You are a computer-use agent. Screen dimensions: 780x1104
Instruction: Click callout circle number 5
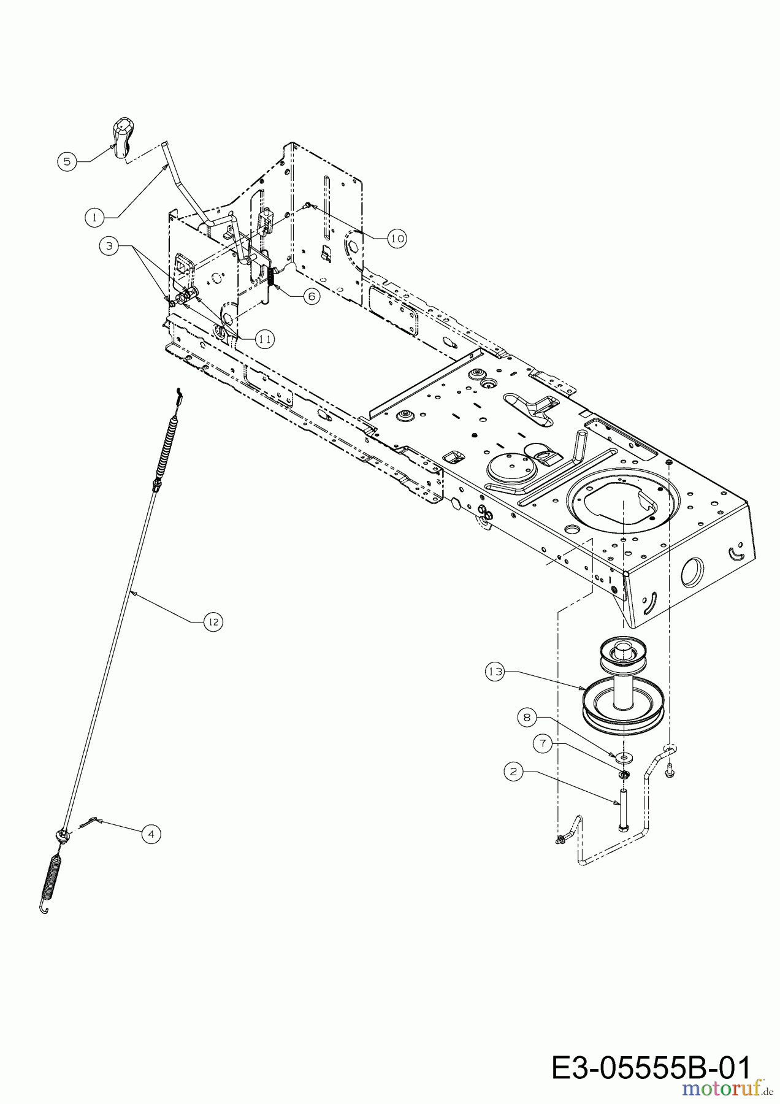pyautogui.click(x=67, y=162)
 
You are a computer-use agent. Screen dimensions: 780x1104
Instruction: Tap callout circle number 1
pyautogui.click(x=94, y=217)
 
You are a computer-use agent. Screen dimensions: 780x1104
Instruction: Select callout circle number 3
pyautogui.click(x=110, y=246)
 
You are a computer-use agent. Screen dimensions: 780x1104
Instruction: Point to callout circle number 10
pyautogui.click(x=397, y=238)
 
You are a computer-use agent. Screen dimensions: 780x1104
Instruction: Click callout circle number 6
pyautogui.click(x=311, y=296)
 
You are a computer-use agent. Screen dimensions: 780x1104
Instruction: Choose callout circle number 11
pyautogui.click(x=265, y=339)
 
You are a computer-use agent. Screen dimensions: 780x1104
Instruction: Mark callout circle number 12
pyautogui.click(x=213, y=622)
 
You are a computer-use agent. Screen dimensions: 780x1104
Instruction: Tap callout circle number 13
pyautogui.click(x=495, y=672)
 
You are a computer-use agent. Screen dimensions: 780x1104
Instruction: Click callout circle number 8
pyautogui.click(x=526, y=716)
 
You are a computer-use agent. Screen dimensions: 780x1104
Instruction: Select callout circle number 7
pyautogui.click(x=542, y=743)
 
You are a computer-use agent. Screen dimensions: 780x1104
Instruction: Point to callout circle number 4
pyautogui.click(x=151, y=834)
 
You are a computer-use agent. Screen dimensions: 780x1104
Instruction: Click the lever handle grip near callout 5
pyautogui.click(x=123, y=139)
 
